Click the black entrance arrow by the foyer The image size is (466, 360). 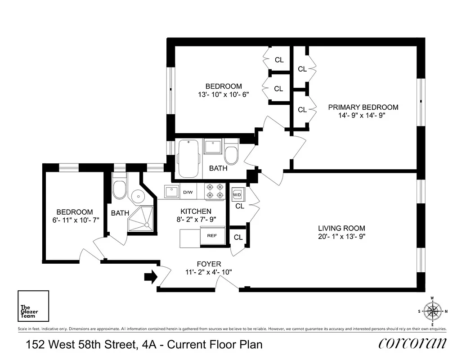pos(151,277)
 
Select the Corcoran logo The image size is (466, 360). pos(413,343)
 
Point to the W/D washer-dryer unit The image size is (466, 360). pos(237,195)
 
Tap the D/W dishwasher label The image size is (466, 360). pos(188,193)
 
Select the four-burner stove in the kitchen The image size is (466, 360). pos(215,192)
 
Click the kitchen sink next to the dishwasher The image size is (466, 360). pos(171,192)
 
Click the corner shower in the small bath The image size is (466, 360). pos(141,221)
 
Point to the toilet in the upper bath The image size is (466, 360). pos(231,153)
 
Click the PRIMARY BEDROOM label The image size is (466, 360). pos(363,107)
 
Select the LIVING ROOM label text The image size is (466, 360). pos(342,228)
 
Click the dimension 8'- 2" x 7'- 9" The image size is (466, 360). pos(196,220)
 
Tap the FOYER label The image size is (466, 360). pos(209,264)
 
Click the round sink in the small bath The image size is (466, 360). pos(137,196)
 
